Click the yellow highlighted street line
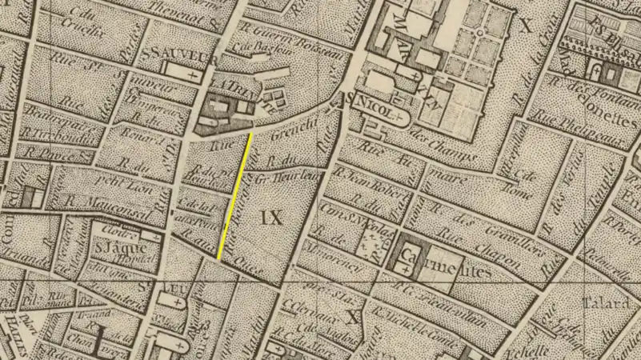pyautogui.click(x=235, y=196)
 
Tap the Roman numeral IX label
pyautogui.click(x=272, y=216)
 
